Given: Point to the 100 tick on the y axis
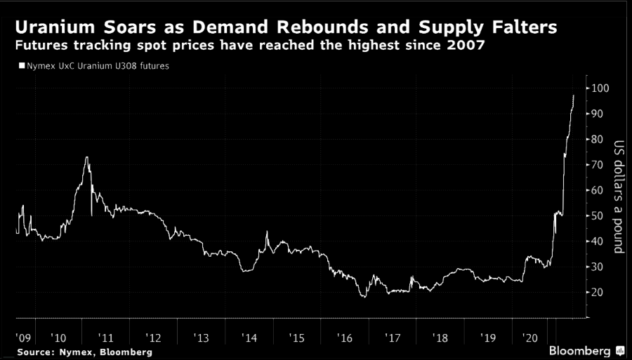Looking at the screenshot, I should coord(599,88).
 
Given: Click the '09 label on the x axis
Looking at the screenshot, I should coord(23,338).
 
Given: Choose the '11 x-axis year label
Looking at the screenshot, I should coord(105,338).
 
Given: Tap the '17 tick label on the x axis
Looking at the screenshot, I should coord(391,338).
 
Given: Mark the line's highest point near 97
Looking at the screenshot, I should coord(574,95).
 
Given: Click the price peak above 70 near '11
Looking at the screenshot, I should coord(86,157).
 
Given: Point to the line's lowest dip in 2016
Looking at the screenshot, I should coord(364,297).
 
